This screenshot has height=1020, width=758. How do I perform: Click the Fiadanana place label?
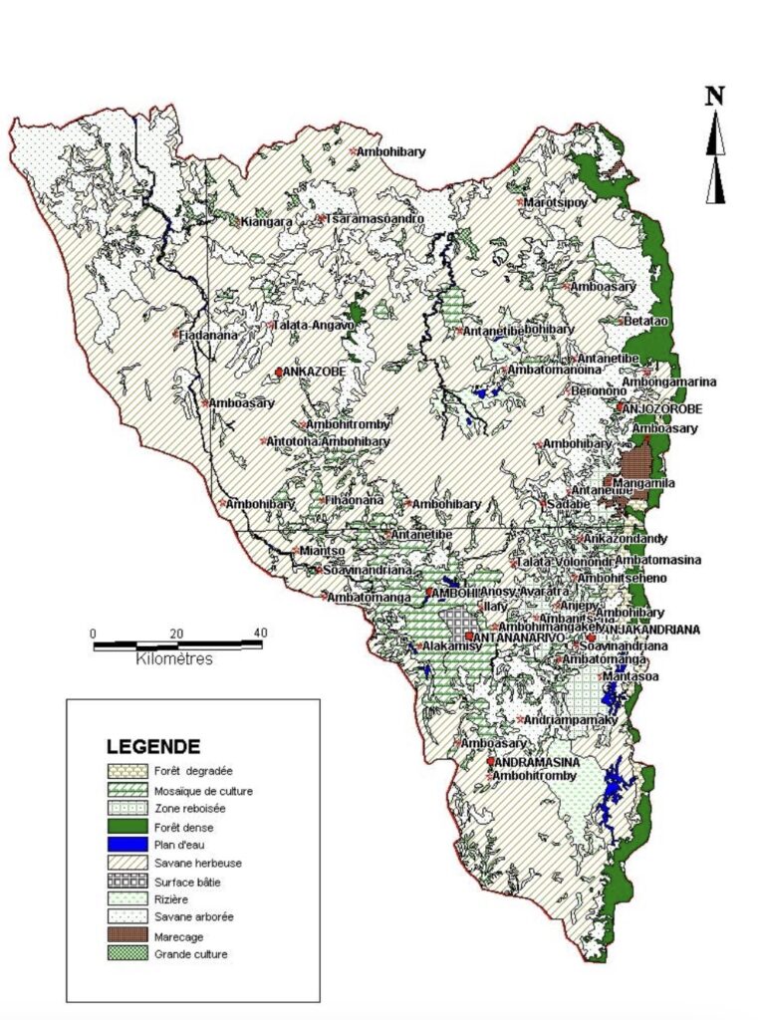[208, 336]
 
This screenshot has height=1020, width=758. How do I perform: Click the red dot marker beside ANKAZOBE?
[279, 372]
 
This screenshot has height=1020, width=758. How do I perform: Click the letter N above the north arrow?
[714, 97]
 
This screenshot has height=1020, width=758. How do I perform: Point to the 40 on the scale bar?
[261, 633]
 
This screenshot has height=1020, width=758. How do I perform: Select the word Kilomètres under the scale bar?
[173, 659]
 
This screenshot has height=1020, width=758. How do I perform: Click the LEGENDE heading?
[152, 746]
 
